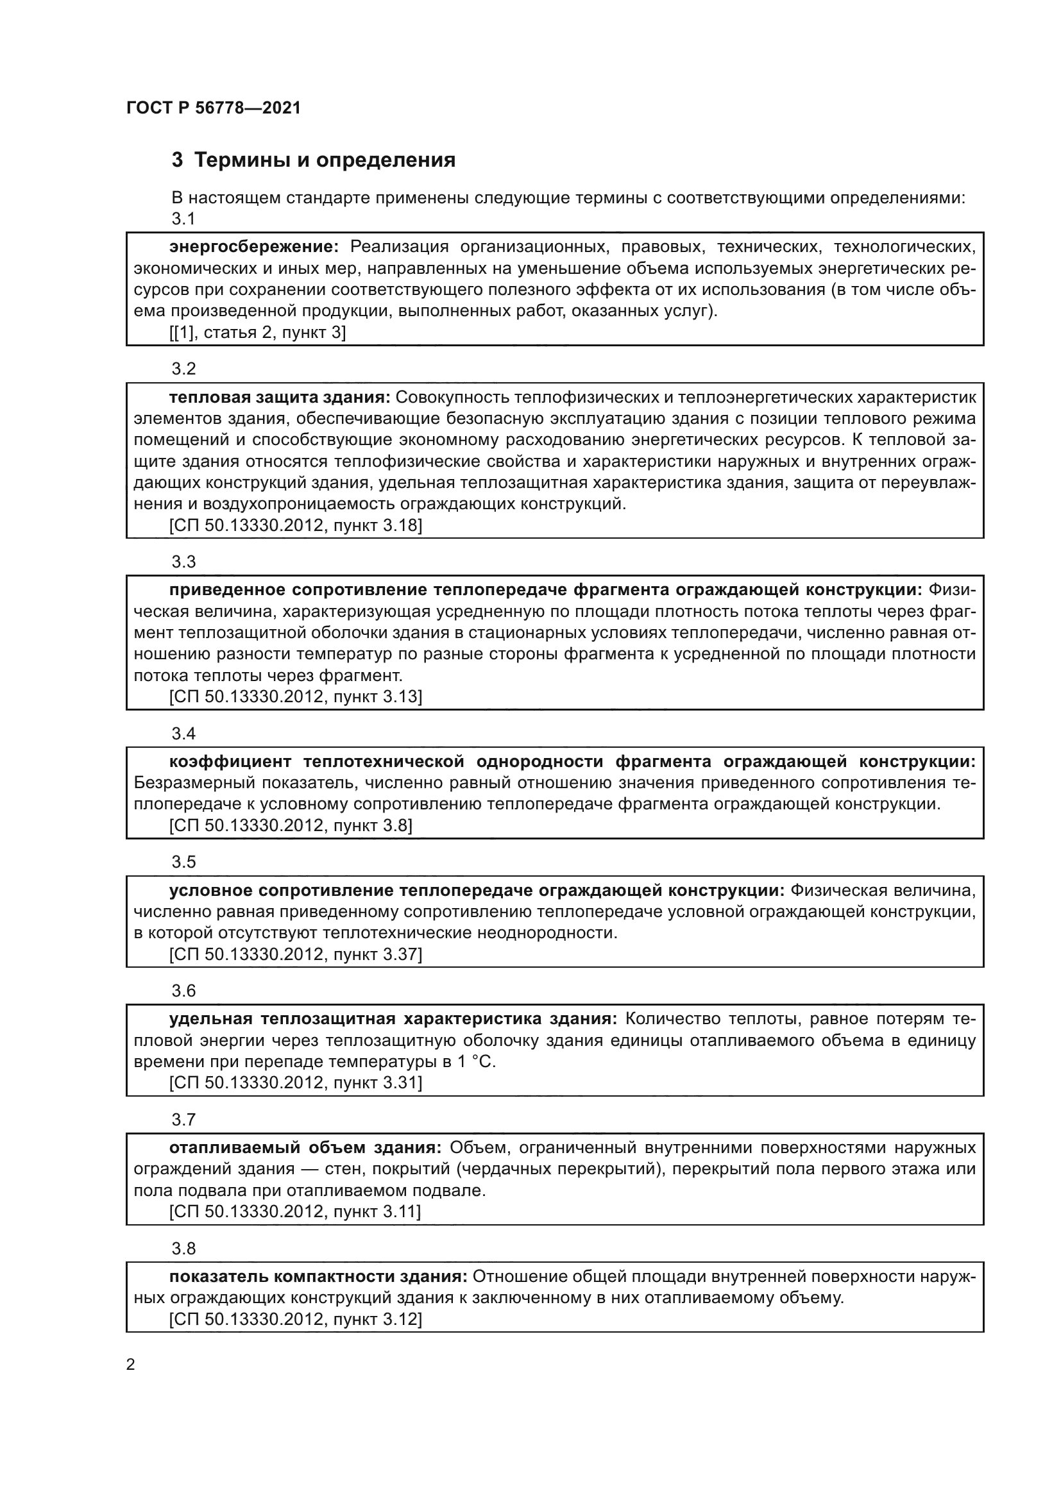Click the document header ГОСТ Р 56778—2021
(214, 108)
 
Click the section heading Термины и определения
(314, 160)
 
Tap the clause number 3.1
(183, 219)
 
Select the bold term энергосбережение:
(253, 247)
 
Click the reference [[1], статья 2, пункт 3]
(257, 333)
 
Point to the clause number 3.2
(183, 369)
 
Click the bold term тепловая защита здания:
(280, 397)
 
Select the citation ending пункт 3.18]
(295, 525)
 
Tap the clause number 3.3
(183, 561)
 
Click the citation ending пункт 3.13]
(295, 696)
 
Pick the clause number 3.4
(183, 733)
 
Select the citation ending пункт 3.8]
(290, 825)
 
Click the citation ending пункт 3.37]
(295, 954)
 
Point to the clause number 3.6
(183, 990)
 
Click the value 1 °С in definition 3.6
(475, 1061)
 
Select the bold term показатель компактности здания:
(318, 1276)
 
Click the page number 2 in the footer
(131, 1365)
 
